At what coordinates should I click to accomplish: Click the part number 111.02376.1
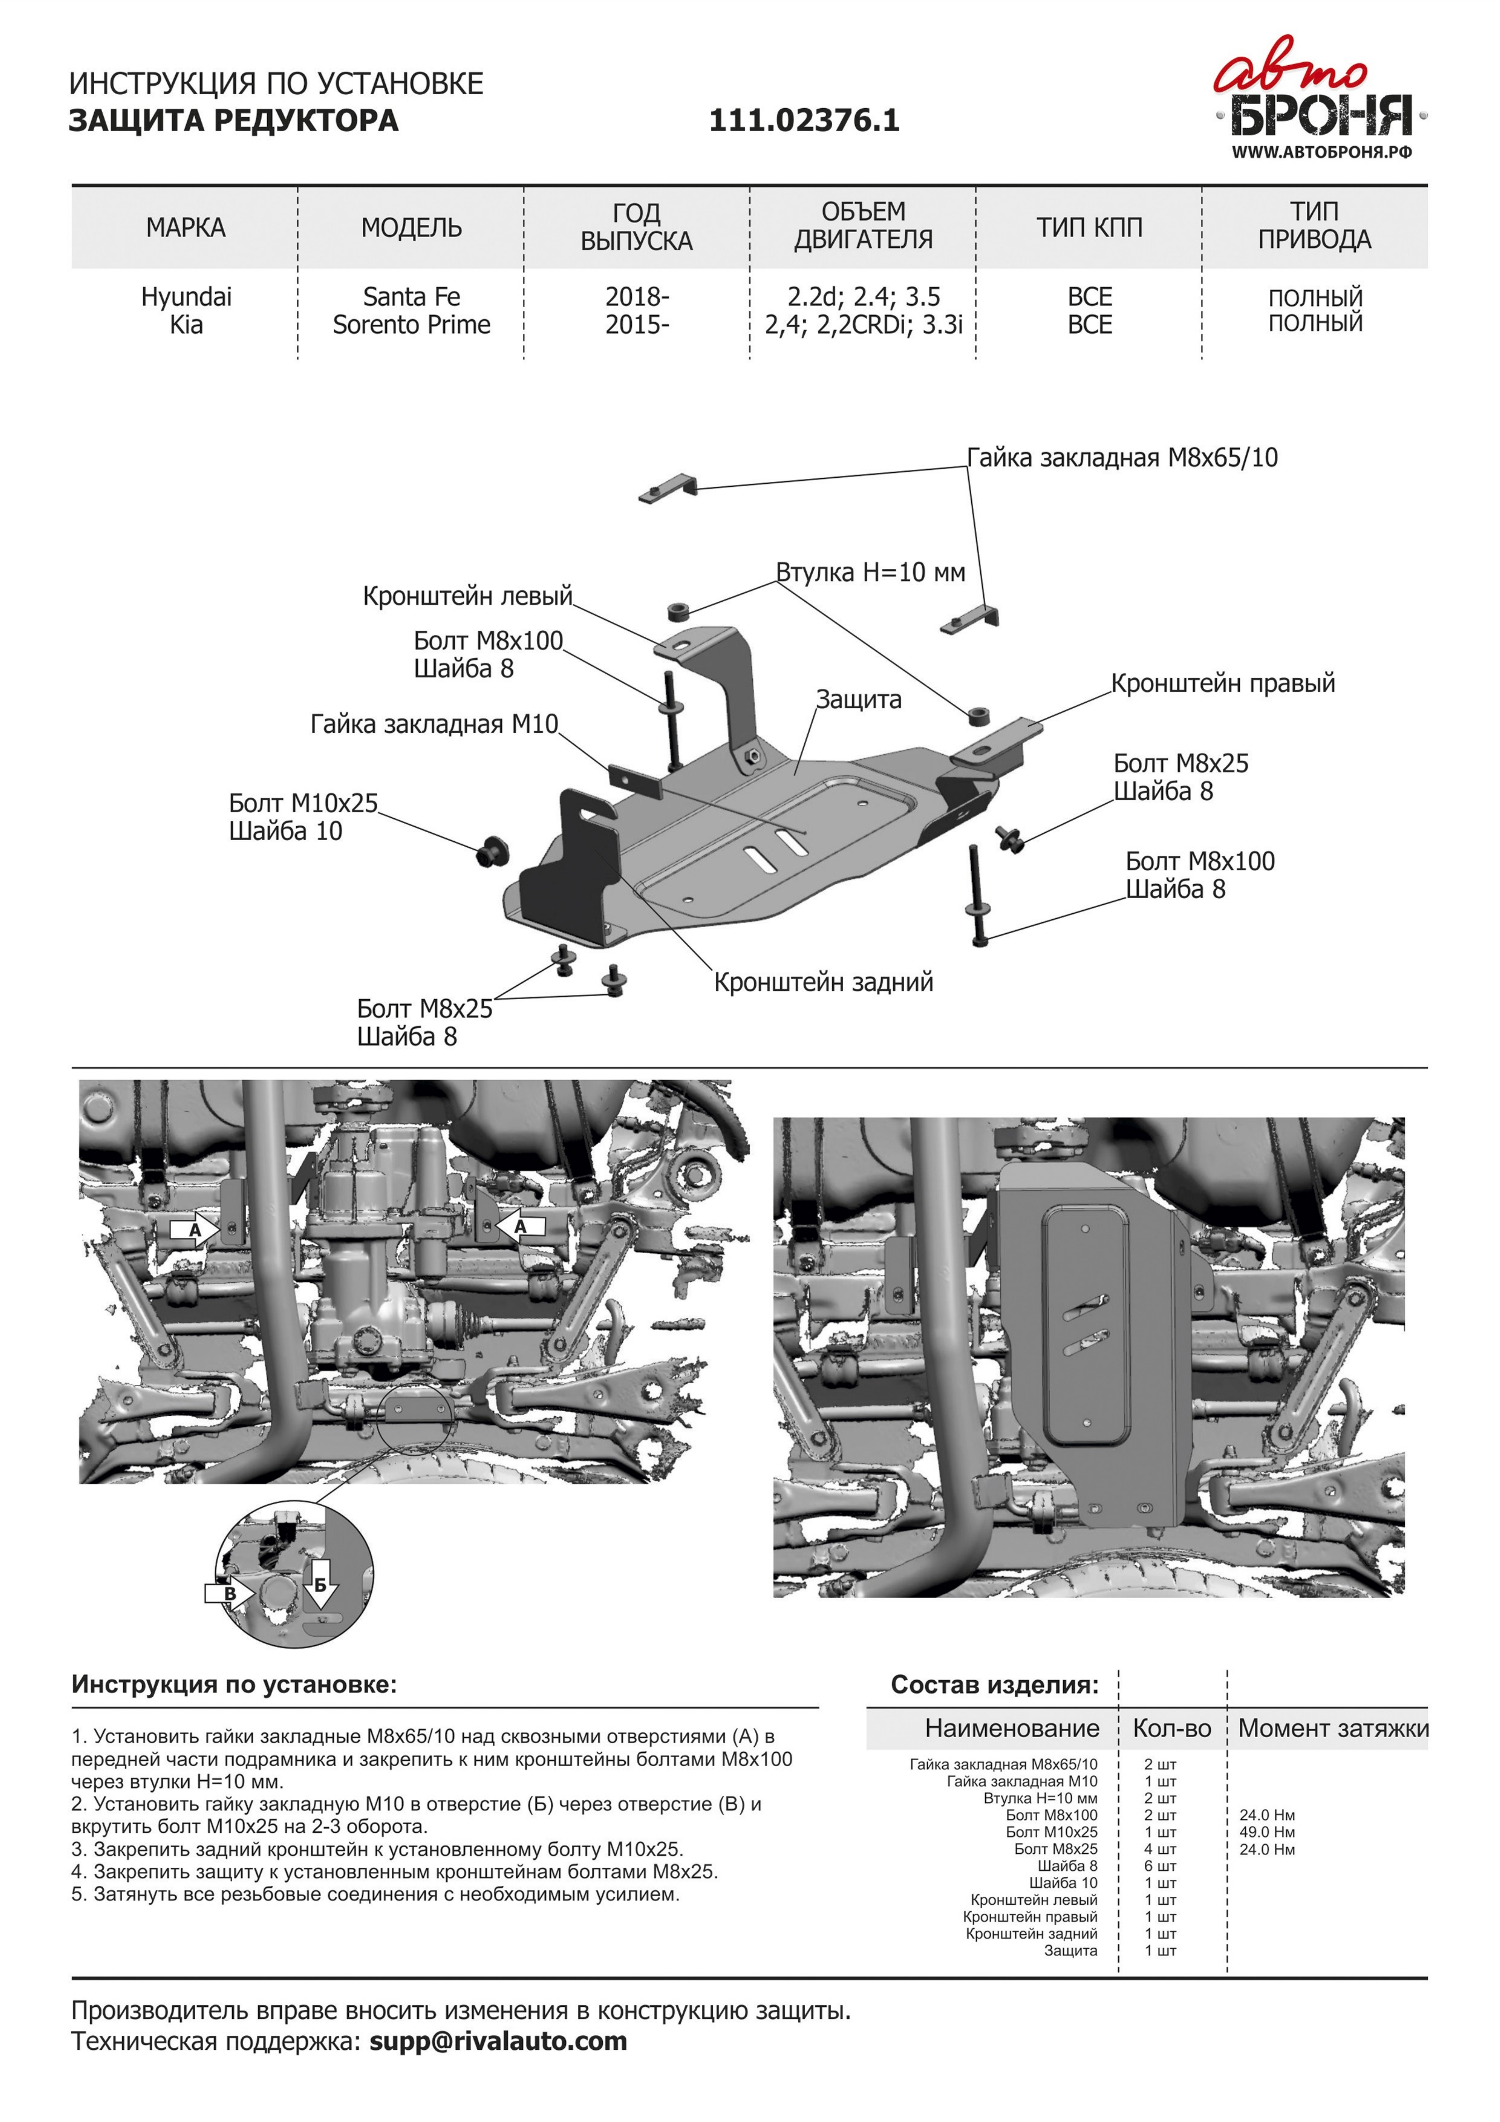click(x=804, y=120)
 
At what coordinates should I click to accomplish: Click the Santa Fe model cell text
click(x=411, y=297)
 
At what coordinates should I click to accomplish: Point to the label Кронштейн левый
click(x=468, y=596)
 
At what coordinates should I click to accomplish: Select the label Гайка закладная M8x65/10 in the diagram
click(x=1122, y=458)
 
